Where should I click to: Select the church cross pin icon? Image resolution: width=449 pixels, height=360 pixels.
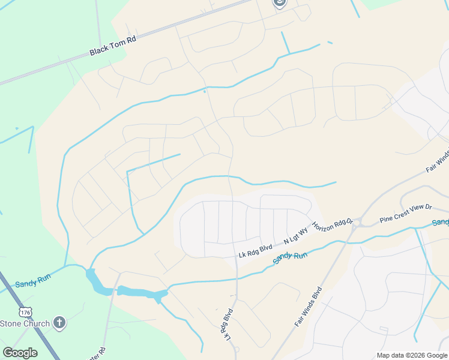[59, 323]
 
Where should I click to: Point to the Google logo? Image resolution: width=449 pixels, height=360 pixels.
[20, 352]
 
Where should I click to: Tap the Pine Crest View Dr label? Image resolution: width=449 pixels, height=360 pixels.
[406, 214]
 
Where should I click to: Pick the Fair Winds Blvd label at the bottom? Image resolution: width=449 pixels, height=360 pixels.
[309, 306]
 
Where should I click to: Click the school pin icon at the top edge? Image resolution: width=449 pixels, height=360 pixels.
[279, 3]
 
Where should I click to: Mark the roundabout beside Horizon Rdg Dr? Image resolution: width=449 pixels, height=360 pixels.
[357, 223]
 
